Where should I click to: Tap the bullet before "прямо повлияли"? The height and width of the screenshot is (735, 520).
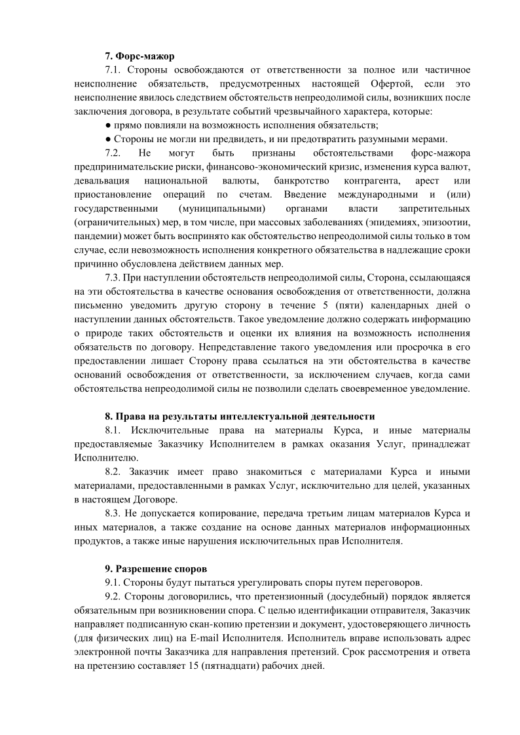click(108, 125)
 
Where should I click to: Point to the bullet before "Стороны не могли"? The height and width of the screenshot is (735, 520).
click(108, 139)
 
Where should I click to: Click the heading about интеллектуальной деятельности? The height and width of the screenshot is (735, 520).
click(240, 416)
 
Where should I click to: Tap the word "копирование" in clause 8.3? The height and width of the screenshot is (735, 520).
click(221, 514)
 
